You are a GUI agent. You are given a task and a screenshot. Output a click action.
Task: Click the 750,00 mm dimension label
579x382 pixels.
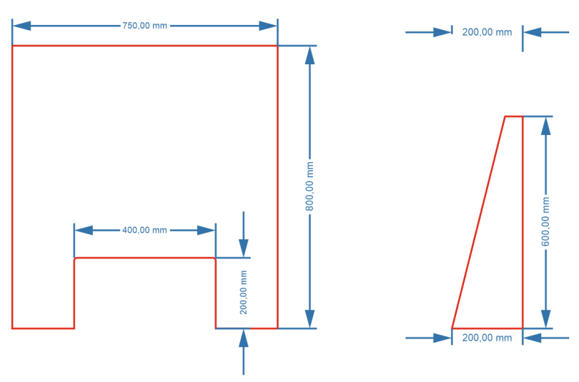click(144, 26)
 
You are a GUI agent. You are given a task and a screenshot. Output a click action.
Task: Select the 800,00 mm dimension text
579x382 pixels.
click(310, 186)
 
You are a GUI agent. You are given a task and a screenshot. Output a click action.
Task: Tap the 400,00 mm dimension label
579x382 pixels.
click(144, 230)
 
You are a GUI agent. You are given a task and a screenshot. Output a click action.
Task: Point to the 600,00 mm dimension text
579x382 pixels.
click(545, 221)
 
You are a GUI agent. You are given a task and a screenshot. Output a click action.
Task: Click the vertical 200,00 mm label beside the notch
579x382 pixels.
click(244, 293)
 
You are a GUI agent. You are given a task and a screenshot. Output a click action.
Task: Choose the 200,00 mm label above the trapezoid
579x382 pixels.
click(487, 32)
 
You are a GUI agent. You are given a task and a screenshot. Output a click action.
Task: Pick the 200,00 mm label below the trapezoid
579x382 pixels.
click(487, 338)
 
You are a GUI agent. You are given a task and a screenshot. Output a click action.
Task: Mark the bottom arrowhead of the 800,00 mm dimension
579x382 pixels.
click(310, 319)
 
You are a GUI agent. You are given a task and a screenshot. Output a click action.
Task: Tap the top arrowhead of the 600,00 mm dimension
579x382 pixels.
click(545, 126)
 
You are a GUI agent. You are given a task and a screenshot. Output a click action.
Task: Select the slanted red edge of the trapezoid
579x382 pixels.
click(478, 222)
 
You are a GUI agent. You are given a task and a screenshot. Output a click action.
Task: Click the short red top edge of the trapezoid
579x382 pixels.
click(513, 116)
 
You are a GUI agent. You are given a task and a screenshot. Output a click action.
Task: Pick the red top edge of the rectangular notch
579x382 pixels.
click(144, 258)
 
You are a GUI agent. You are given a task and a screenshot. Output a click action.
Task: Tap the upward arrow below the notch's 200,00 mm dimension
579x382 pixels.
click(244, 338)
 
